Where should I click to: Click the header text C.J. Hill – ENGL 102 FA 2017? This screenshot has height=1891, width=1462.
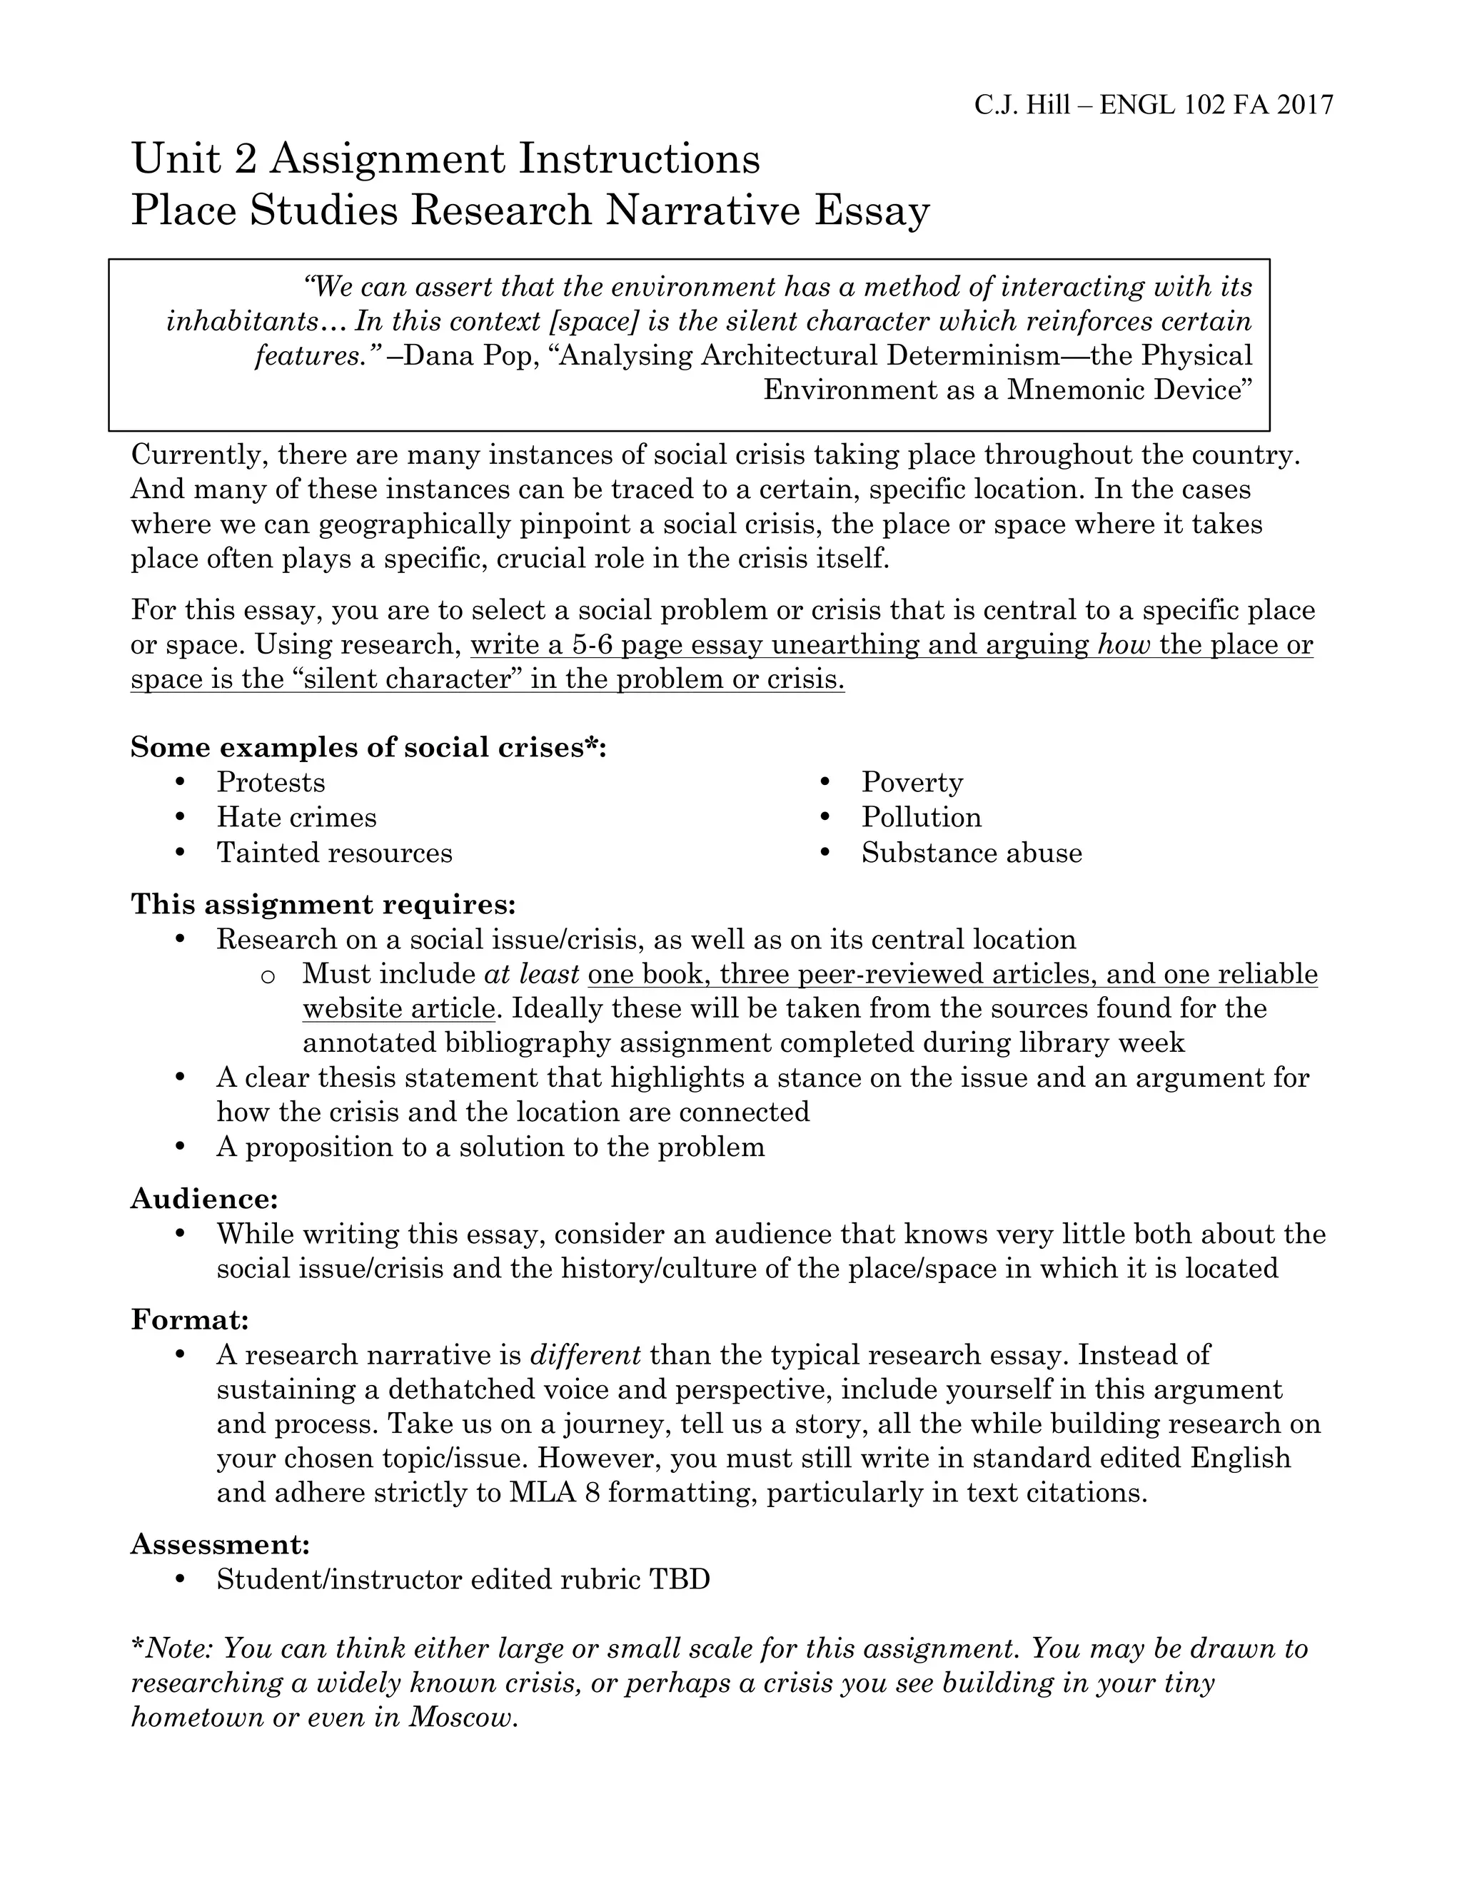pos(1153,105)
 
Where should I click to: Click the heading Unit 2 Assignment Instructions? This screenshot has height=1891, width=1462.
pos(445,159)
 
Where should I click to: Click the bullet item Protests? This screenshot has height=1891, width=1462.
pos(271,783)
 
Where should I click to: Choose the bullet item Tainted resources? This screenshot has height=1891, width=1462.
pos(334,853)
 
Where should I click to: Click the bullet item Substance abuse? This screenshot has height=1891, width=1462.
pos(971,853)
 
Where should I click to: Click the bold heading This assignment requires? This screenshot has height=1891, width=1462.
pos(323,905)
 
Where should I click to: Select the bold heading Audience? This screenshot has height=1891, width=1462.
pos(204,1200)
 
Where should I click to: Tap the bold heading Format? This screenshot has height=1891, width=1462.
pos(190,1320)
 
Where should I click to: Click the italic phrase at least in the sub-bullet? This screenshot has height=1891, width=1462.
pos(531,974)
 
